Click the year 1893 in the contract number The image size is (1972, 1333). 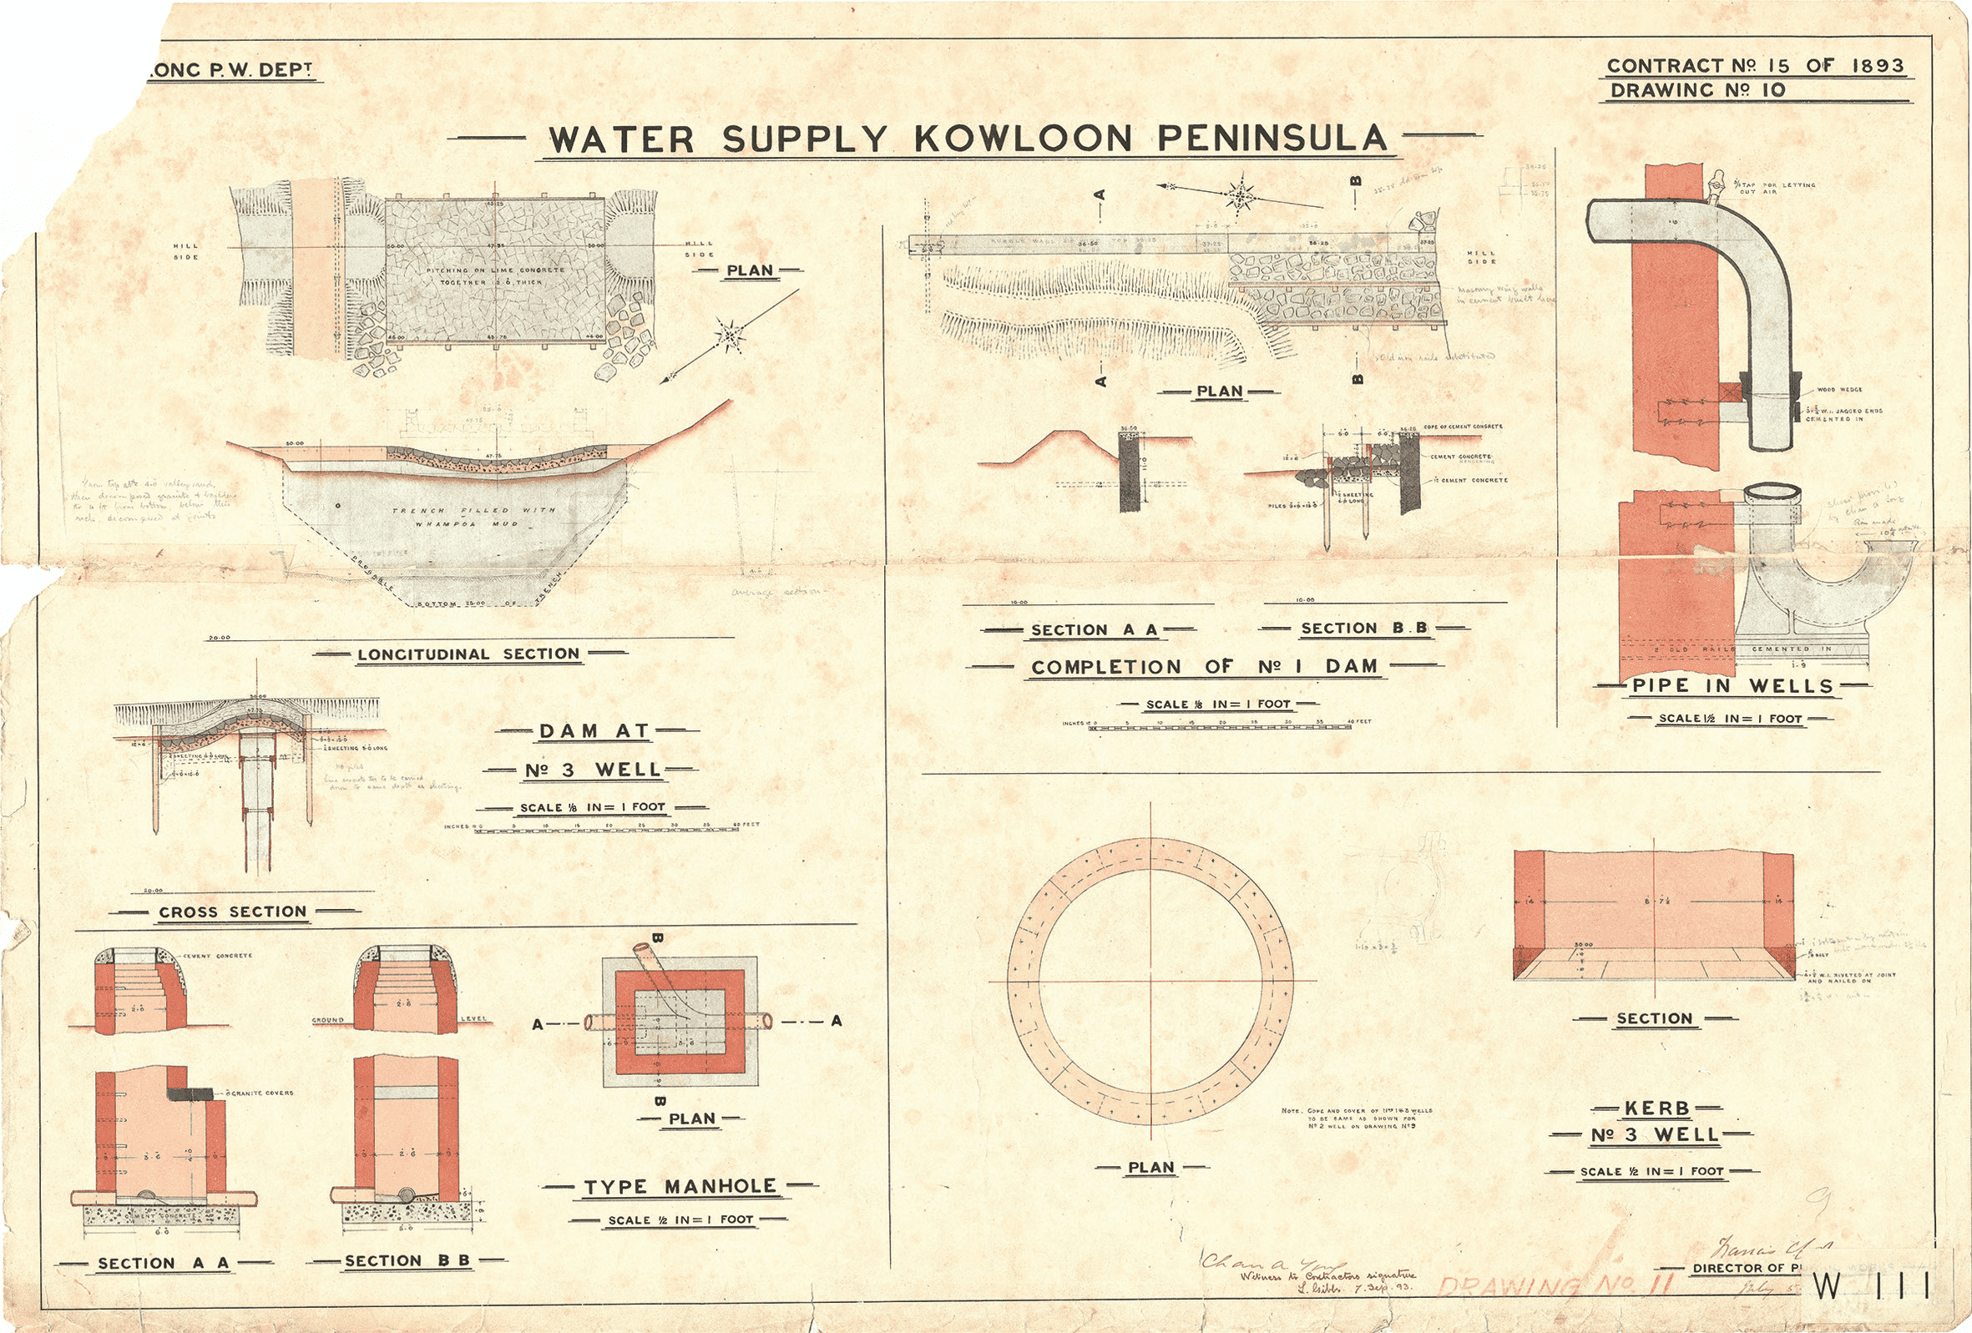pos(1876,65)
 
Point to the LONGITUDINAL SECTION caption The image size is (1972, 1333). pos(469,654)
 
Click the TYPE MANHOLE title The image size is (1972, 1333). pos(680,1186)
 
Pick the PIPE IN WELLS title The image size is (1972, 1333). pos(1732,685)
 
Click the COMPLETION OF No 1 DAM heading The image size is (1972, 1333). pos(1204,667)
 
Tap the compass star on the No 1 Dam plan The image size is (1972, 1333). pos(1240,196)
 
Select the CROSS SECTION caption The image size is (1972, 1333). pos(232,912)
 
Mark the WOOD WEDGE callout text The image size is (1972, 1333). pos(1838,391)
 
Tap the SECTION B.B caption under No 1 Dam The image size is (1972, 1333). pos(1364,629)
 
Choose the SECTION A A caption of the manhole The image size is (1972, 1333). pos(163,1264)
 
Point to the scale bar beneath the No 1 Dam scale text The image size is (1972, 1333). pos(1221,728)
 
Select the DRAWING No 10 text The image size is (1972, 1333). pos(1698,90)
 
